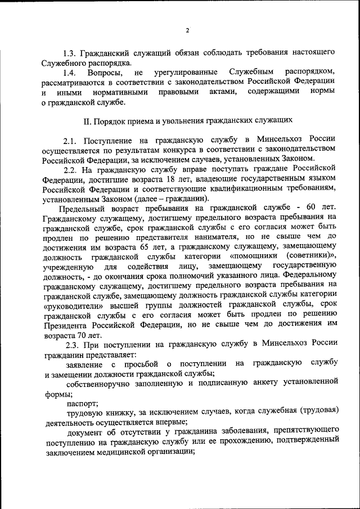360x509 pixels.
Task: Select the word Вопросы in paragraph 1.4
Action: point(105,73)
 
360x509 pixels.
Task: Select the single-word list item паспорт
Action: point(83,403)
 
